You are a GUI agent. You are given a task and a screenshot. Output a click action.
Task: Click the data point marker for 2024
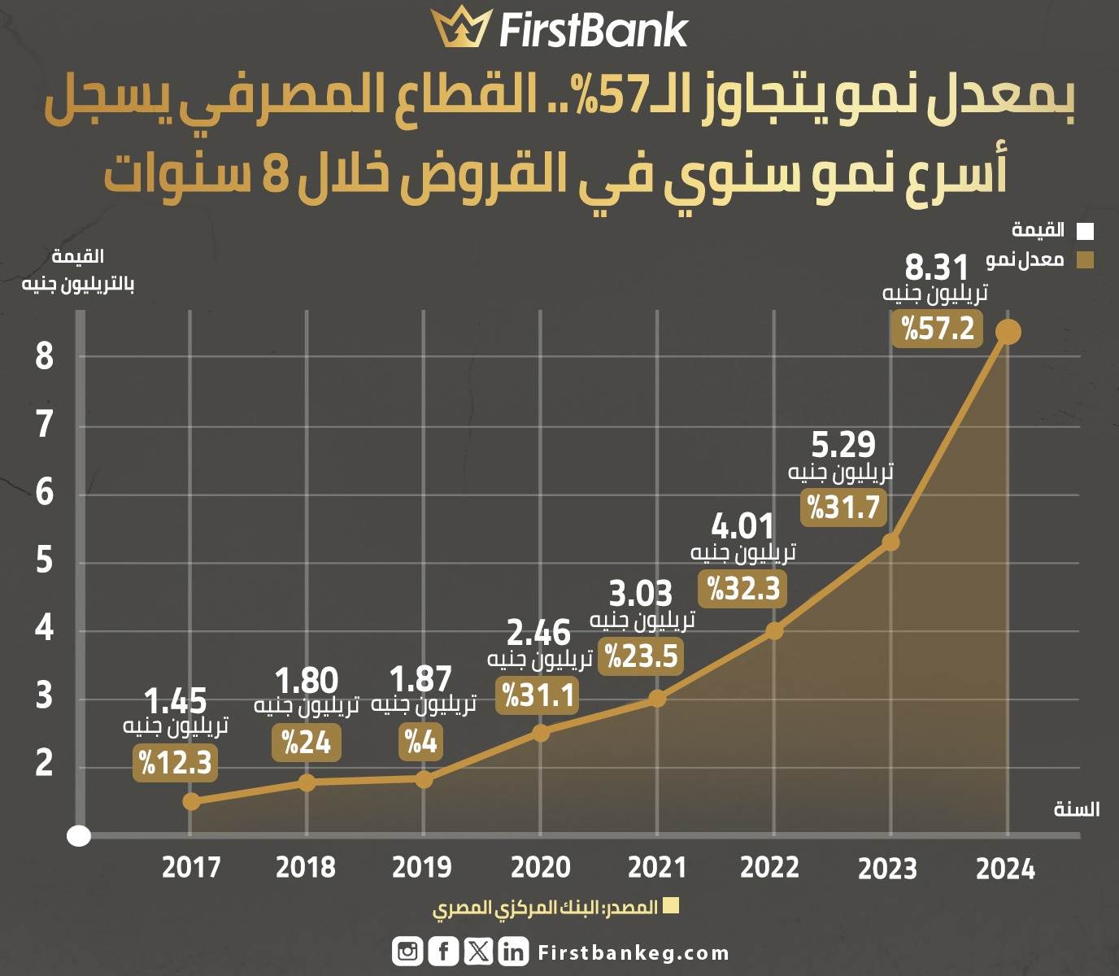[x=1008, y=332]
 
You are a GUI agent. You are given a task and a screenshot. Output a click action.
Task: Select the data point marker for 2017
[x=191, y=802]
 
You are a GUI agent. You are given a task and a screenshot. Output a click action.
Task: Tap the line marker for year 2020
[x=540, y=734]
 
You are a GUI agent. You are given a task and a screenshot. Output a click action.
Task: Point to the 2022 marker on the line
[x=774, y=631]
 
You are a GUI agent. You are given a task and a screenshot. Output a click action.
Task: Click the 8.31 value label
[x=936, y=268]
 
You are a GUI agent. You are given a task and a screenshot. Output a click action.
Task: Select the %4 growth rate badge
[x=420, y=742]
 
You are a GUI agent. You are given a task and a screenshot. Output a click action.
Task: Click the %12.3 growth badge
[x=175, y=763]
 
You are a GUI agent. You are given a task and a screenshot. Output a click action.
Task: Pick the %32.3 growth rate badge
[x=742, y=589]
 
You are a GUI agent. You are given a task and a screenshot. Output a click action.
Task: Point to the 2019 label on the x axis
[x=422, y=867]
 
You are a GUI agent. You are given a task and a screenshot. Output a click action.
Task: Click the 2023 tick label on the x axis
[x=887, y=869]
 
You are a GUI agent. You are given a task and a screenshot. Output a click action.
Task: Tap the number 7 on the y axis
[x=44, y=425]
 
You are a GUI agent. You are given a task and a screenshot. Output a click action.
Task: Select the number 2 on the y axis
[x=44, y=763]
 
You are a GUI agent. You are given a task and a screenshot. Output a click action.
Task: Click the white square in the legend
[x=1085, y=231]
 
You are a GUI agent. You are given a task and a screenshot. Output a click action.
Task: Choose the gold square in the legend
[x=1085, y=260]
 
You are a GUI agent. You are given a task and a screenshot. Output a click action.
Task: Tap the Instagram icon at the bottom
[x=407, y=952]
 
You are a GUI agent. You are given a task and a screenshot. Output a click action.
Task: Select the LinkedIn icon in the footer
[x=513, y=952]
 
